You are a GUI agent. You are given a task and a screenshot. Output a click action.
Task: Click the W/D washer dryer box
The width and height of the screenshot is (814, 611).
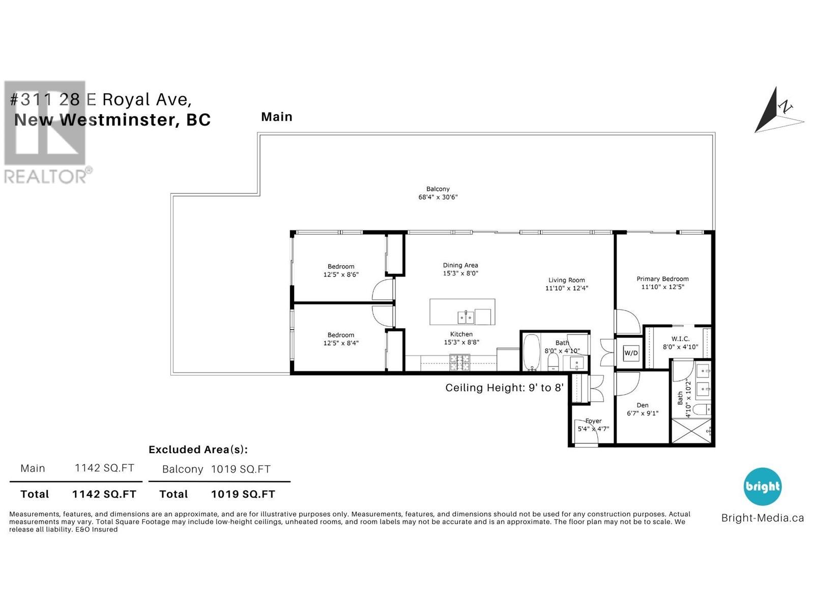631,352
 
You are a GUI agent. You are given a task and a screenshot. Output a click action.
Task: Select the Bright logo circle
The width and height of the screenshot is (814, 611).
763,486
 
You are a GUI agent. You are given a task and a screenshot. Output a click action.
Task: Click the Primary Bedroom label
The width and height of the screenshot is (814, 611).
662,279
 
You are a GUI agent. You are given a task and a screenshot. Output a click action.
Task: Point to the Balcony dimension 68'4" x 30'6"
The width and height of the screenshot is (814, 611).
438,198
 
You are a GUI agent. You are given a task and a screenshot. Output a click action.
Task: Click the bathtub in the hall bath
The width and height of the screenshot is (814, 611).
532,352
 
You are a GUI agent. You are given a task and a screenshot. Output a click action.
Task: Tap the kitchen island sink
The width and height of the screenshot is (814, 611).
466,317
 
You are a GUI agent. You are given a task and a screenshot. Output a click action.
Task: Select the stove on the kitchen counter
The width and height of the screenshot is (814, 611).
460,363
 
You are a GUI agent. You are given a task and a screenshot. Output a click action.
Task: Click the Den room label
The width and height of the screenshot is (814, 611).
643,405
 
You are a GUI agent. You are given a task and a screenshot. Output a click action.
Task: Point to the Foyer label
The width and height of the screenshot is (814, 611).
593,421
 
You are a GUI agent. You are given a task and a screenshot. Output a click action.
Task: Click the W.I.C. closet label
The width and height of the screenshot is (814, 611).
681,339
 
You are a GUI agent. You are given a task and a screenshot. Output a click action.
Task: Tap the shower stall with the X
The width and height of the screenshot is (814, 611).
691,430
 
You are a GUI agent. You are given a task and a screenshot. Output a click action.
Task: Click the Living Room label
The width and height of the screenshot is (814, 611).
567,281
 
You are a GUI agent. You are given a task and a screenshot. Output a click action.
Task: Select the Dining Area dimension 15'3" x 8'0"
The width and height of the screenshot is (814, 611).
460,273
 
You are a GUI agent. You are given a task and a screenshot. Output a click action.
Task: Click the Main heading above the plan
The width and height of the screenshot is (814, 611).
277,117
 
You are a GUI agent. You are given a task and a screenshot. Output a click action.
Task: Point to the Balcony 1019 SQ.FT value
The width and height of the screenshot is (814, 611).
241,469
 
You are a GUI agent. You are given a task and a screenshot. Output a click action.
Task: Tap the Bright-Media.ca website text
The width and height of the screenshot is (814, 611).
763,518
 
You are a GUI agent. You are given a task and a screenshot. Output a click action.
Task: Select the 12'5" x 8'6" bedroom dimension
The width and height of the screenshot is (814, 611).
341,275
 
